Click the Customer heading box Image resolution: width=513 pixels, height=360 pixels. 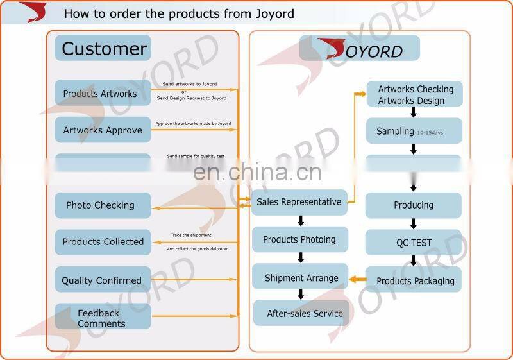coord(103,48)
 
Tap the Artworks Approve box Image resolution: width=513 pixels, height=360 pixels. coord(103,130)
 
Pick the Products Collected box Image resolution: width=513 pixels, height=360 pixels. coord(103,242)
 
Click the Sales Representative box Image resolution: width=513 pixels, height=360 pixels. coord(299,202)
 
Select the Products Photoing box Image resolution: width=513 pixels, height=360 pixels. coord(299,239)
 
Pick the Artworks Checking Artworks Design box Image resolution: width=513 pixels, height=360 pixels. coord(414,94)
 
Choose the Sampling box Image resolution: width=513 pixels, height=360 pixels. coord(414,131)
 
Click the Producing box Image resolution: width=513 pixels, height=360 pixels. coord(414,205)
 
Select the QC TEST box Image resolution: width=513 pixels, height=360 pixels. coord(414,243)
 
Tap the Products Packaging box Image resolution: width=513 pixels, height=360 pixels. coord(414,280)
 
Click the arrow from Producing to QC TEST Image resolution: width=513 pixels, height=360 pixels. coord(414,224)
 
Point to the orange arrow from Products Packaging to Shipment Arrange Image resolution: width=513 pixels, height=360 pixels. coord(357,279)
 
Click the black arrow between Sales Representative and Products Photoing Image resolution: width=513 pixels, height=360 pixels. coord(301,221)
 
